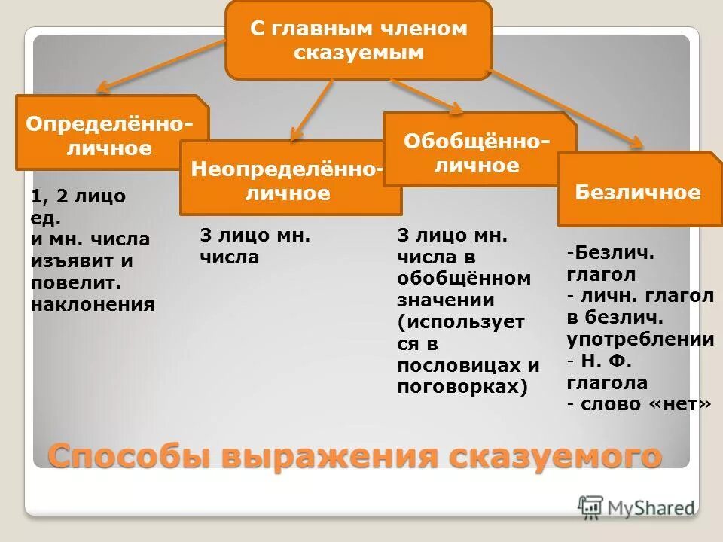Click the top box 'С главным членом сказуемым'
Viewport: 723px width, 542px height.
[x=358, y=41]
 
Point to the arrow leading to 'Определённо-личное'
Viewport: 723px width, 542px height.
[x=158, y=66]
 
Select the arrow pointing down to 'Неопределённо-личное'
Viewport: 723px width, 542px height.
[x=313, y=110]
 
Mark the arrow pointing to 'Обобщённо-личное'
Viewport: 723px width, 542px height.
[x=426, y=96]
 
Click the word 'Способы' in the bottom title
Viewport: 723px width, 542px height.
[x=128, y=456]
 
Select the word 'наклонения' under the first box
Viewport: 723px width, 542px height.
[x=93, y=304]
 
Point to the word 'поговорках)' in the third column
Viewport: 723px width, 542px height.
[x=462, y=387]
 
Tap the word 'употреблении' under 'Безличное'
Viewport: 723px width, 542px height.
[x=640, y=340]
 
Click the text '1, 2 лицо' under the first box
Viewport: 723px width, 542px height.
[x=78, y=196]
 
